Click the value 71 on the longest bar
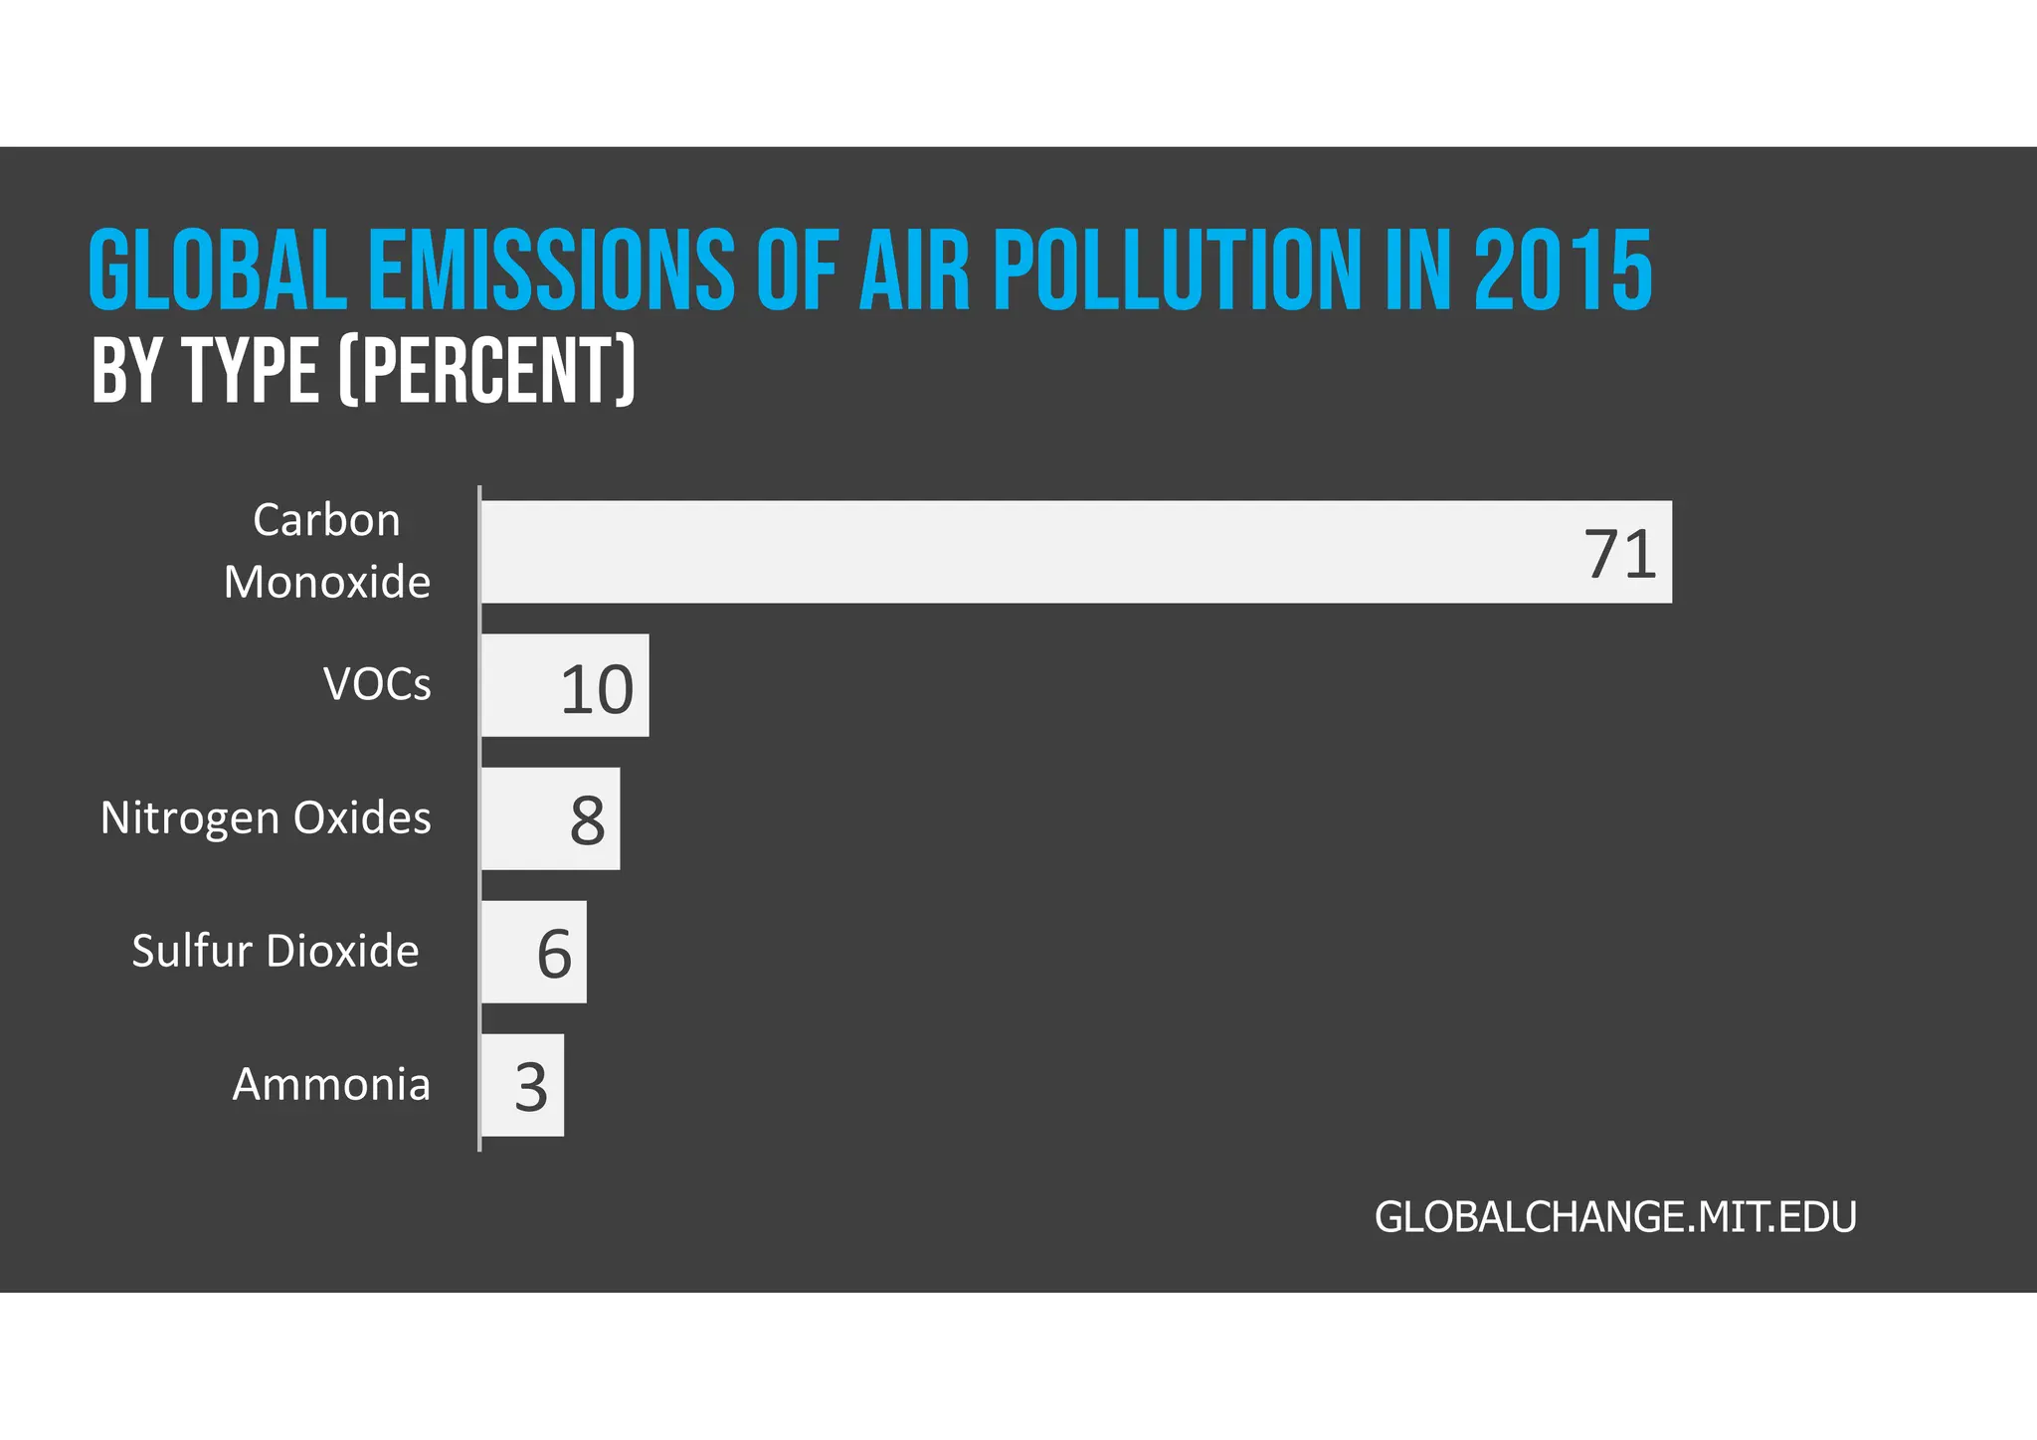click(1619, 554)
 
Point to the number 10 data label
click(597, 689)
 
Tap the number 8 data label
click(588, 821)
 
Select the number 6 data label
click(554, 955)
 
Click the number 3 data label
click(531, 1088)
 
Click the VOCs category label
click(378, 684)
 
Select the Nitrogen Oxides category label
click(266, 817)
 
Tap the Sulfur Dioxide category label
click(276, 951)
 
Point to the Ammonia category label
click(331, 1084)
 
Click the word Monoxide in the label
click(326, 582)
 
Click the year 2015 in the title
click(1563, 270)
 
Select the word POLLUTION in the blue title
click(1177, 270)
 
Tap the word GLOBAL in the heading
click(218, 270)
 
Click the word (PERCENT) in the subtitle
click(487, 371)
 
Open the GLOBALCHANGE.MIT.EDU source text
click(1615, 1217)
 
